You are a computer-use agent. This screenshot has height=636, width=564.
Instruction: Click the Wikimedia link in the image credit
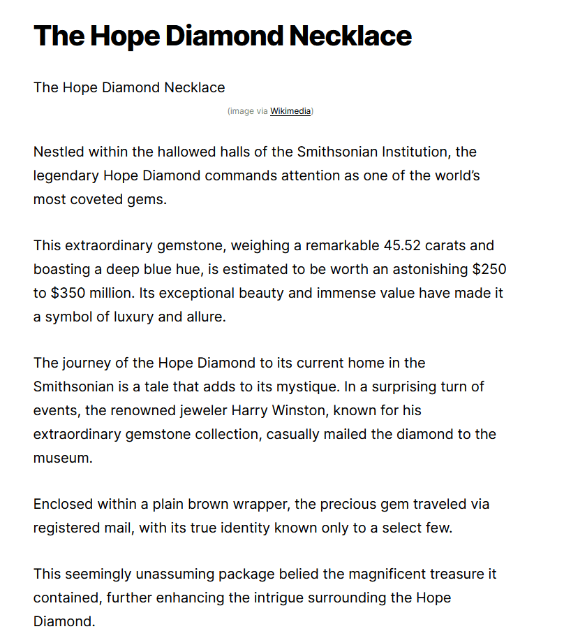tap(290, 111)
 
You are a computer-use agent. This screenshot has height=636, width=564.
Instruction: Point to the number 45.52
tap(403, 245)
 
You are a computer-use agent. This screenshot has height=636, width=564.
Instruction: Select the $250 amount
tap(488, 269)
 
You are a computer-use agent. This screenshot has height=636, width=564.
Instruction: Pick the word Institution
tap(405, 152)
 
